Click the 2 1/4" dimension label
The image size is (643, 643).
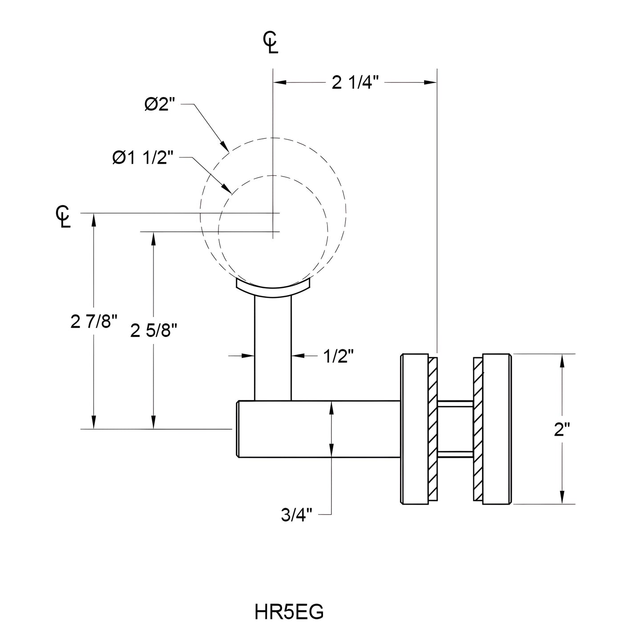click(355, 83)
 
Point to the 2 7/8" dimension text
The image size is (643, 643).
click(94, 321)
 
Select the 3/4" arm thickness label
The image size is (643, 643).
click(297, 515)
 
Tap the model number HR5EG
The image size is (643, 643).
click(289, 612)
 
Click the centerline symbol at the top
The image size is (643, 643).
click(271, 43)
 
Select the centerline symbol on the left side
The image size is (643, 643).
click(63, 217)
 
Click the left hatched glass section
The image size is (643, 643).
click(433, 429)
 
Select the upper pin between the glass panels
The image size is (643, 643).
click(455, 404)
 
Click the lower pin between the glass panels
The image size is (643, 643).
click(455, 454)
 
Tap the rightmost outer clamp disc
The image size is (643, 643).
click(497, 429)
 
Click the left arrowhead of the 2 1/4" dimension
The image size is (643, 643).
click(279, 82)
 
